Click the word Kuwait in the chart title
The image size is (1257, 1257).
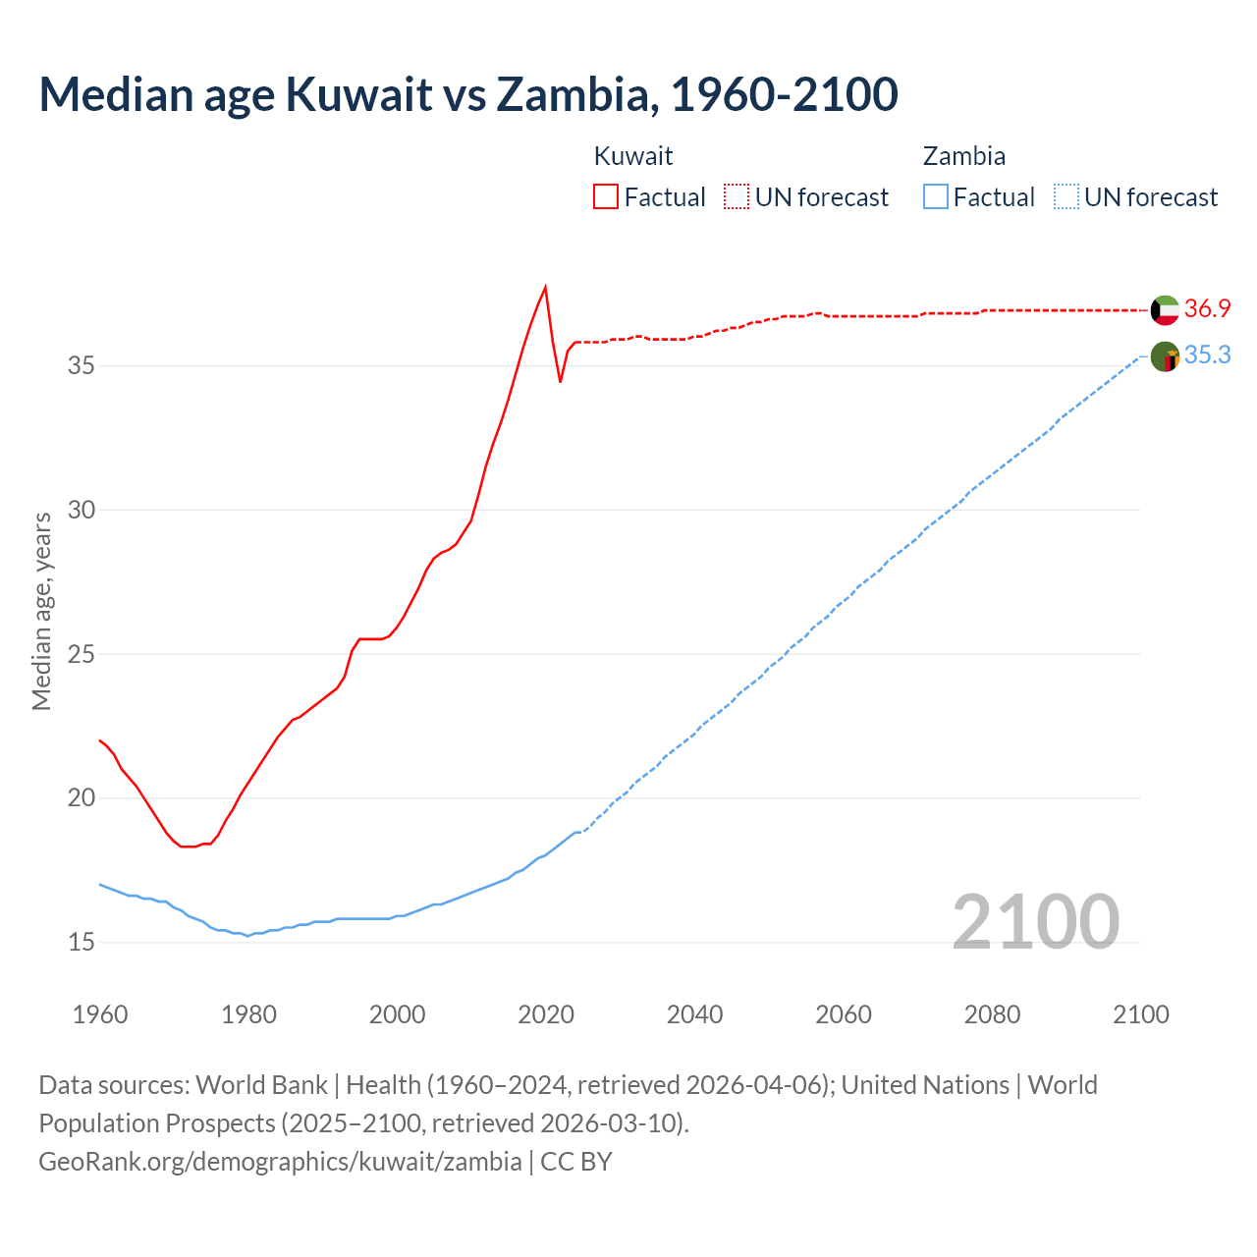358,94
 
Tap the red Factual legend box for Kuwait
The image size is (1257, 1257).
606,196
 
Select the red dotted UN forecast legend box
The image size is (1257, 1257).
737,196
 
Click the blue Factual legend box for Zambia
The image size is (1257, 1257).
936,196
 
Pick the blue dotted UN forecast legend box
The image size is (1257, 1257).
1066,196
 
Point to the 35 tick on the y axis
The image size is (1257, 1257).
82,366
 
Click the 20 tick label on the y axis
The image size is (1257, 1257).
82,798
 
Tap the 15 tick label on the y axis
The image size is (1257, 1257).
82,943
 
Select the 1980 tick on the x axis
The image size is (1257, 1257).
248,1014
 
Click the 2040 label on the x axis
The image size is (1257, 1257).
694,1014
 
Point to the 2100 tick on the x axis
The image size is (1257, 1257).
1140,1014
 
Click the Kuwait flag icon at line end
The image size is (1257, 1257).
1165,310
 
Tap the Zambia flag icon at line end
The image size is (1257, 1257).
1165,357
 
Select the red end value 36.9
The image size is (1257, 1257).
1207,308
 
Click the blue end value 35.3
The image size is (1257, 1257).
1207,355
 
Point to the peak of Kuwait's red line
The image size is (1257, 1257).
545,287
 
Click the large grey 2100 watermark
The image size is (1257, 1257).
1035,921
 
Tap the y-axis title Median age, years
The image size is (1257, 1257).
41,611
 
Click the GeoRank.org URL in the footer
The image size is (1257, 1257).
280,1161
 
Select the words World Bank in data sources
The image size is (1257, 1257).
261,1085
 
